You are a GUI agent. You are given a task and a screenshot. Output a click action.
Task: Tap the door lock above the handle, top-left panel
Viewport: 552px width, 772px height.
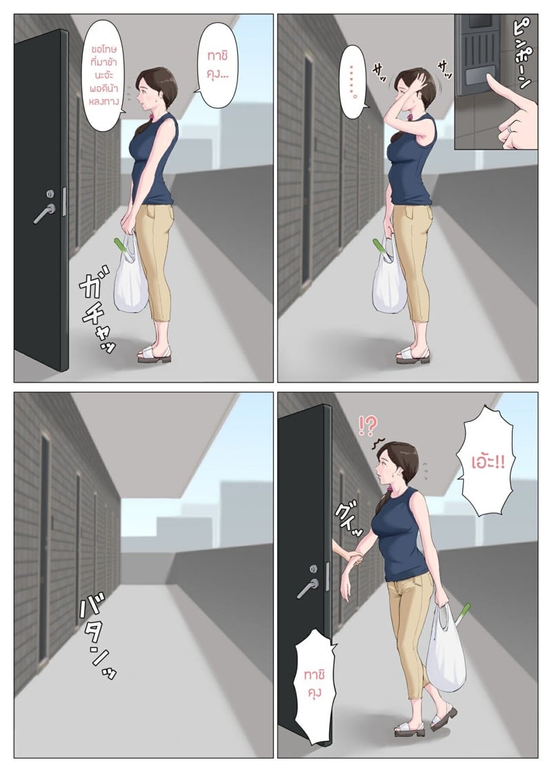tap(50, 194)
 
